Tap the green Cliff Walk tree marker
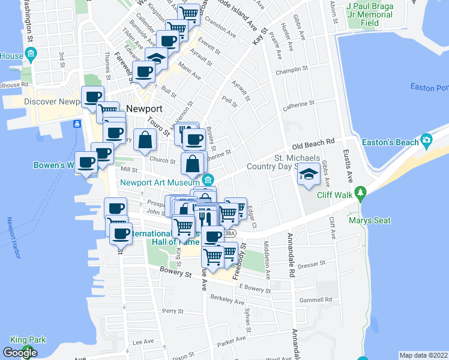360,193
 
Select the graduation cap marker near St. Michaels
309,175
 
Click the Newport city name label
145,109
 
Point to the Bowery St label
175,274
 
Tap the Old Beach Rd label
313,145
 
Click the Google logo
20,352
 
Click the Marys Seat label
369,220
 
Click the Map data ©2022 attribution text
424,355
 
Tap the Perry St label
172,311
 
